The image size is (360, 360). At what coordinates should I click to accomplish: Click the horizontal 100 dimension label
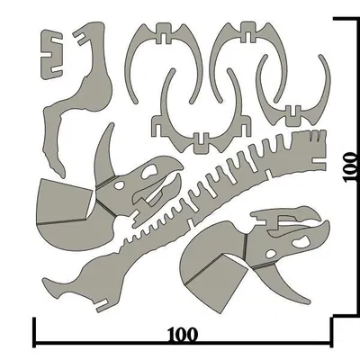183,334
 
